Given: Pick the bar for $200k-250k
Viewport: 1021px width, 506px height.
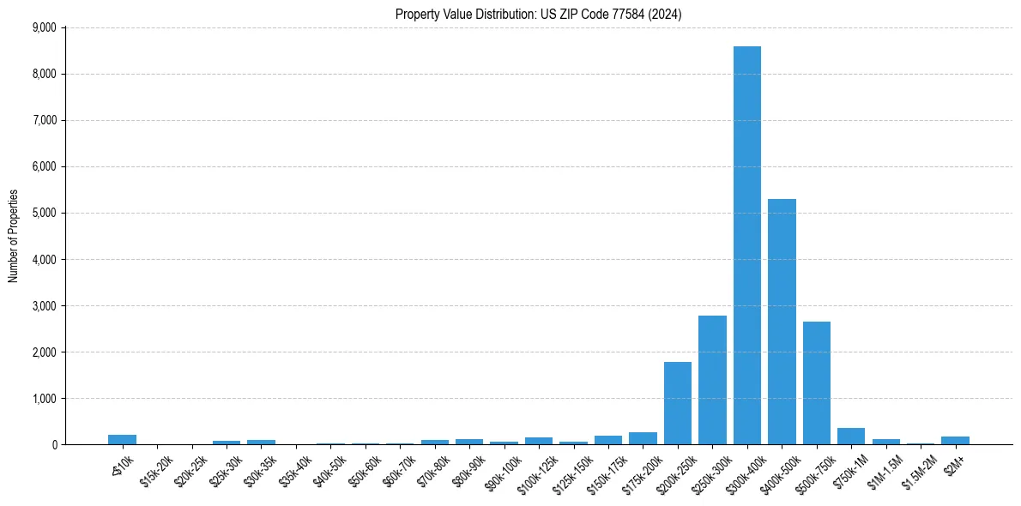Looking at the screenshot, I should [x=678, y=403].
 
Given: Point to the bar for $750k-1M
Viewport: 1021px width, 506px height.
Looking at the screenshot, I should [x=851, y=437].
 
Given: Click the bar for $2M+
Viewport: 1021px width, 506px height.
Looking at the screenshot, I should [x=955, y=440].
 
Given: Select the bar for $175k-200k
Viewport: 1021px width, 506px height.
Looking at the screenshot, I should [x=643, y=438].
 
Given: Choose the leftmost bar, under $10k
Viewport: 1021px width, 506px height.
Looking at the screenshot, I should [x=122, y=439].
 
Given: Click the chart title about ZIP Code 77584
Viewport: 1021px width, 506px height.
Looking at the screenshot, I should [x=538, y=14].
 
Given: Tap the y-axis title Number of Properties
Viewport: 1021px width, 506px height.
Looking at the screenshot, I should [x=14, y=236].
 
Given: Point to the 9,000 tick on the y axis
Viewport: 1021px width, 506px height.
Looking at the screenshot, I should [x=43, y=27].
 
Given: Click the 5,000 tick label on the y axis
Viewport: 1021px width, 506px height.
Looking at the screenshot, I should [x=43, y=213].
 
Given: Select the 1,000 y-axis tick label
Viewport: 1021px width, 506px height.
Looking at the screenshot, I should [x=43, y=398].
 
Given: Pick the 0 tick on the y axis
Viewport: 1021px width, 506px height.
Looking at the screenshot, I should [x=53, y=444].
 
